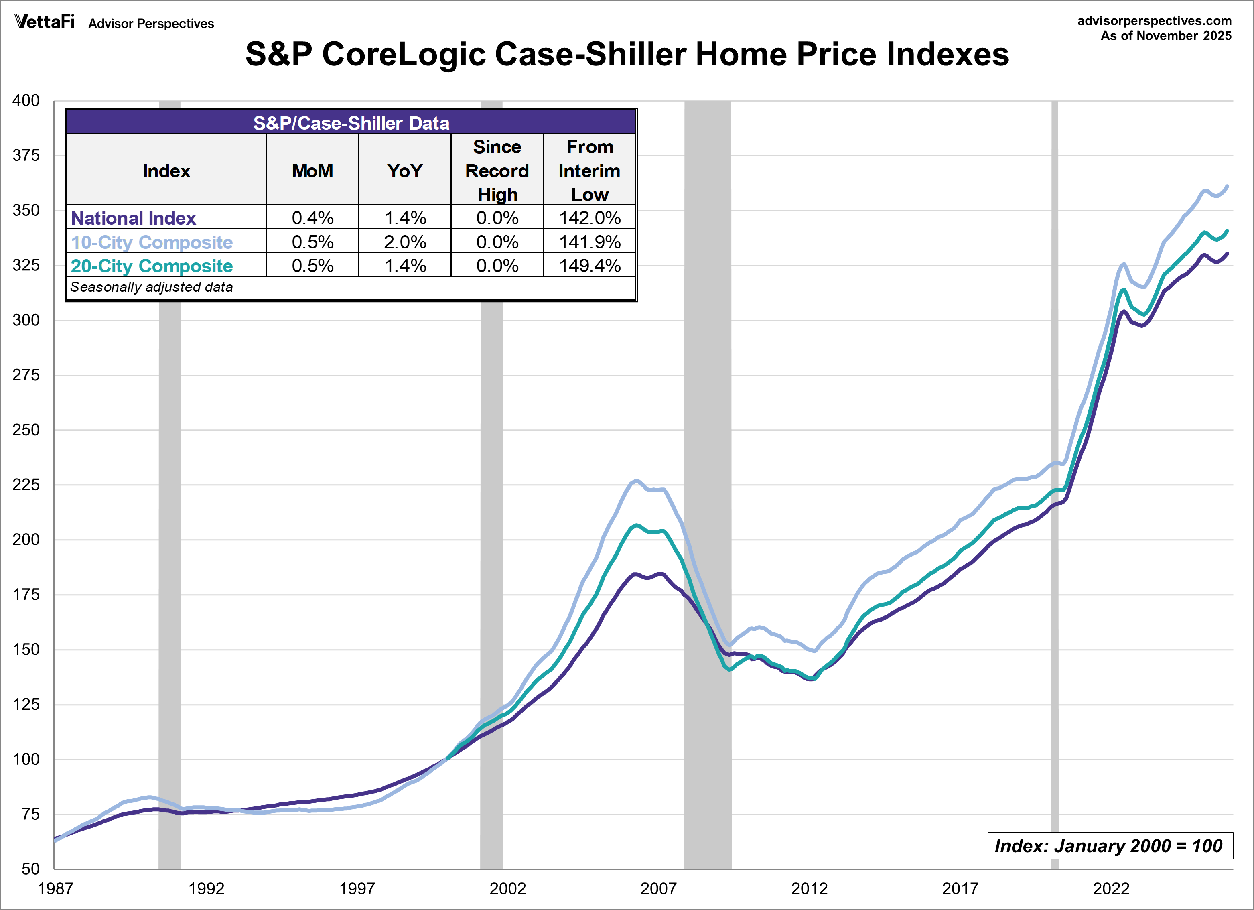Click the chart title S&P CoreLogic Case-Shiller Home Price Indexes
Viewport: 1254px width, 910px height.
click(x=627, y=54)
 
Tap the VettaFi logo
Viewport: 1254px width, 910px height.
click(x=44, y=22)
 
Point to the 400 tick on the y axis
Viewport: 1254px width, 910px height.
click(x=26, y=101)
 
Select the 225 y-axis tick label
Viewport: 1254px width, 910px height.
click(x=26, y=485)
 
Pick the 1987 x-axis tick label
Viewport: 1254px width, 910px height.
click(x=55, y=888)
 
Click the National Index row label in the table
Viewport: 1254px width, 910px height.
click(x=133, y=218)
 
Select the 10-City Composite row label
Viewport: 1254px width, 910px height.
click(x=152, y=242)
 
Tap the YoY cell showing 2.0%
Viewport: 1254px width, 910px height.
click(x=405, y=242)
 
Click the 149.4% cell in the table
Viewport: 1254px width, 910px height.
click(x=589, y=266)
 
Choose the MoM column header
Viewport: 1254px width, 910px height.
click(x=312, y=171)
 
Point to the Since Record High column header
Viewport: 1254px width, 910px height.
click(x=497, y=171)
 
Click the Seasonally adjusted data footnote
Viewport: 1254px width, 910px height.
click(x=152, y=287)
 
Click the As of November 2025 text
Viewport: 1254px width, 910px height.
click(x=1165, y=36)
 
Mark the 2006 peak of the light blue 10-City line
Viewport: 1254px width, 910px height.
click(x=636, y=481)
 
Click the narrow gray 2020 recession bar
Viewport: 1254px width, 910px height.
click(x=1054, y=553)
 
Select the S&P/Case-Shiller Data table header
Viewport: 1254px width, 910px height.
click(x=351, y=122)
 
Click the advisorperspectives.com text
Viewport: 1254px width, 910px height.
click(x=1154, y=21)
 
